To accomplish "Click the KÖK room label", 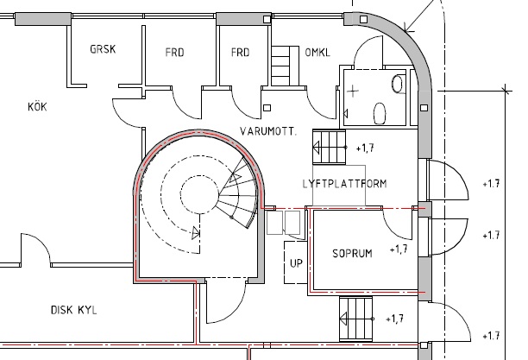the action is click(37, 107).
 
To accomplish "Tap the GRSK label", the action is click(103, 49).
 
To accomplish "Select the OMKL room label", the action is click(317, 53).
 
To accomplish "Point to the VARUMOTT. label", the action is click(268, 131).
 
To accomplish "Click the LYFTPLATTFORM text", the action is click(344, 184).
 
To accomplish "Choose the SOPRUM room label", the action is click(352, 253).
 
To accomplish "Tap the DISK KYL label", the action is click(73, 310).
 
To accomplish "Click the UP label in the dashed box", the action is click(296, 263).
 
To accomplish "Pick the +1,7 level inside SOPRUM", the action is click(399, 249).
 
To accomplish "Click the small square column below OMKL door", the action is click(267, 108).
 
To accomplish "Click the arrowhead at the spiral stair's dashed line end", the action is click(196, 232).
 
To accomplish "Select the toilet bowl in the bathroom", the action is click(380, 113).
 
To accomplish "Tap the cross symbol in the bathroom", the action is click(353, 91).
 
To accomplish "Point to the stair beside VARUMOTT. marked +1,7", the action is click(329, 147).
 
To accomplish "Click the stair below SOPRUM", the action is click(356, 319).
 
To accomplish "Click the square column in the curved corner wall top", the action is click(364, 19).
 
